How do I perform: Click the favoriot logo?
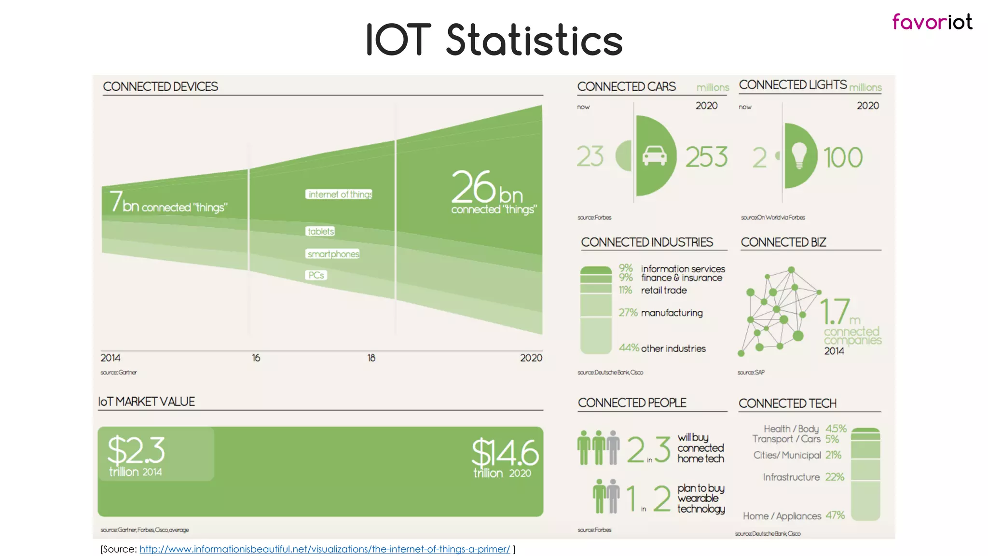click(x=932, y=22)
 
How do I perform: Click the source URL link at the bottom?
click(x=324, y=549)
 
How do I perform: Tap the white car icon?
click(x=654, y=155)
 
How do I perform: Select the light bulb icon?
click(x=799, y=155)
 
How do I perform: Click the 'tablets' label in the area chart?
click(x=320, y=231)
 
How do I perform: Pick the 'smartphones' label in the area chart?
click(x=333, y=254)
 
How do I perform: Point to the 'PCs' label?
click(x=316, y=275)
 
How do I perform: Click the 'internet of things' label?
click(x=339, y=194)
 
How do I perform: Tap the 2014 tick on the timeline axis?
click(x=110, y=358)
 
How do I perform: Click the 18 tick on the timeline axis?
click(x=371, y=358)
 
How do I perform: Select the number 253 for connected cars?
click(x=706, y=157)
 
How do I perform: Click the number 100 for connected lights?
click(x=843, y=157)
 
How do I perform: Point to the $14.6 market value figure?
click(x=505, y=453)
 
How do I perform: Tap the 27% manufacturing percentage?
click(x=628, y=312)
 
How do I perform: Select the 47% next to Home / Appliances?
click(x=835, y=515)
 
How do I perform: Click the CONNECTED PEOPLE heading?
click(x=632, y=403)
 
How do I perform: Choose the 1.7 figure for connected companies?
click(x=835, y=311)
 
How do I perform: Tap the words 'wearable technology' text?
click(x=700, y=503)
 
